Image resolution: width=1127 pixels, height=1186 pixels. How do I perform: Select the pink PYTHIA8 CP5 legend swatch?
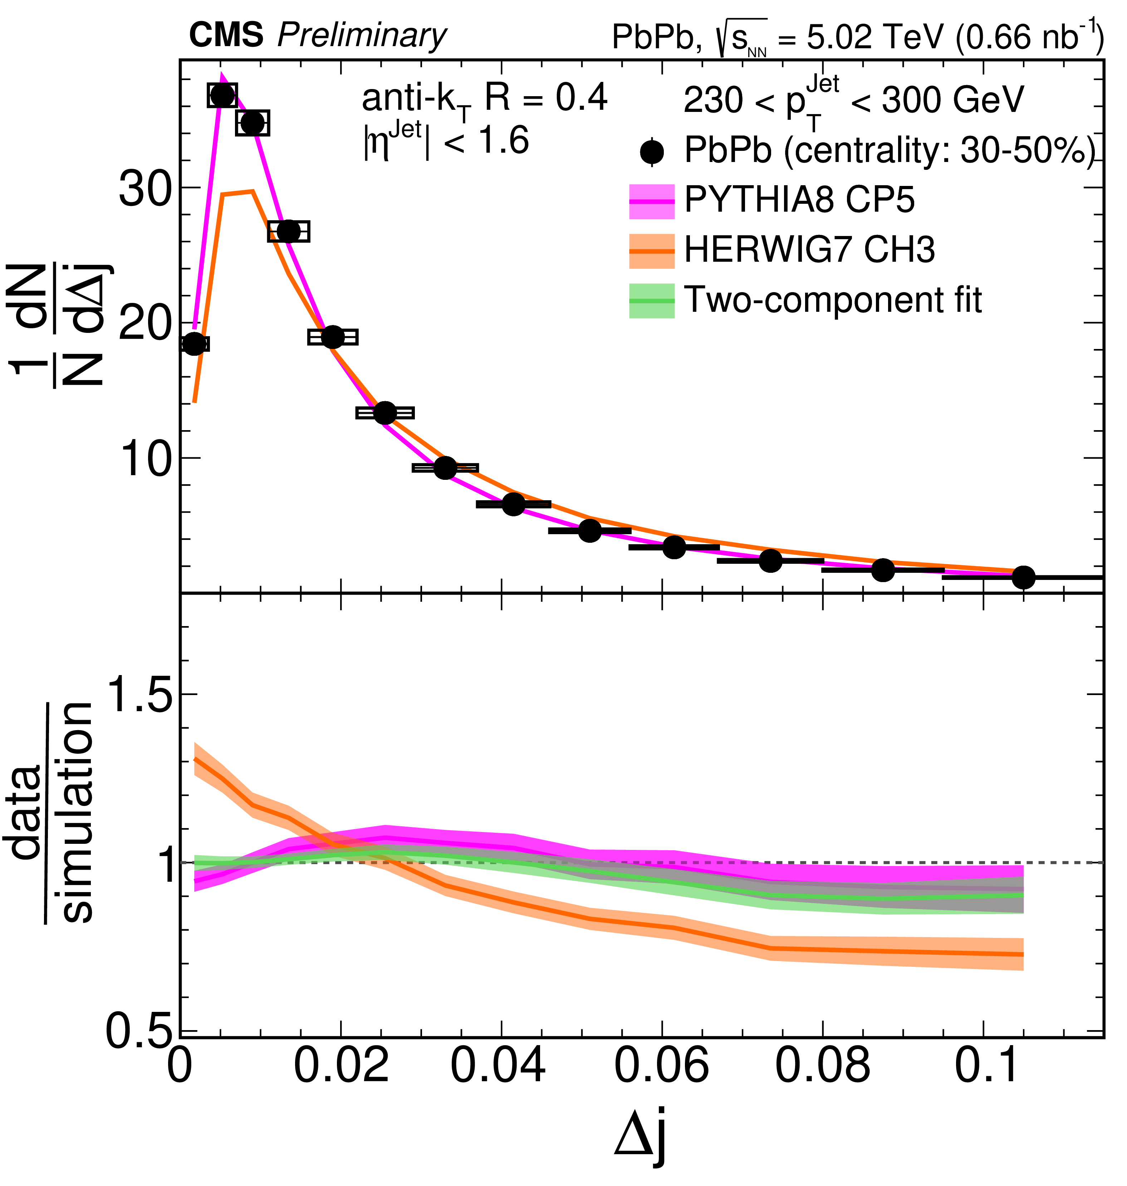tap(652, 201)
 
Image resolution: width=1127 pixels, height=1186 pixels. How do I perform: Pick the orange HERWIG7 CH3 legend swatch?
tap(652, 251)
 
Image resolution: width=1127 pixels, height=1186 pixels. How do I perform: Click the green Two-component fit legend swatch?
tap(652, 300)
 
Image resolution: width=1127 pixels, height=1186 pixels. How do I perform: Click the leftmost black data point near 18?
tap(193, 344)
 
